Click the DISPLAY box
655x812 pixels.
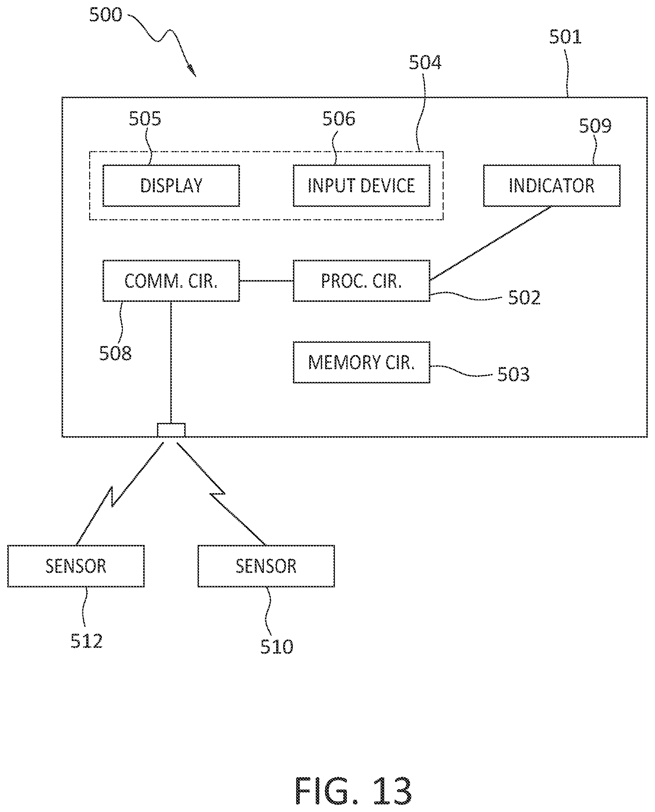click(171, 186)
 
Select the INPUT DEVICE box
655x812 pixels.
click(361, 186)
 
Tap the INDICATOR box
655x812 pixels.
click(552, 186)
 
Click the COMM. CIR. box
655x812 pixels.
click(171, 280)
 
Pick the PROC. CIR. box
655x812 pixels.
click(361, 280)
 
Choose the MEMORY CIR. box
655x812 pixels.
click(361, 362)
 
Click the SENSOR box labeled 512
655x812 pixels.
click(76, 566)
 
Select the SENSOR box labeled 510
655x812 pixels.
click(266, 566)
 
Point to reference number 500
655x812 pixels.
click(105, 15)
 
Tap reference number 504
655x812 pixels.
click(425, 62)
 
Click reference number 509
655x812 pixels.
click(595, 126)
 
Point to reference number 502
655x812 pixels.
click(525, 297)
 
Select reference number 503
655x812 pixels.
click(514, 375)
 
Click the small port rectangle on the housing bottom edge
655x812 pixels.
click(171, 430)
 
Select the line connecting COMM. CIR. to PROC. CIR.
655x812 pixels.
click(266, 280)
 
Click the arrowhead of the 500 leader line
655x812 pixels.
click(192, 71)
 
